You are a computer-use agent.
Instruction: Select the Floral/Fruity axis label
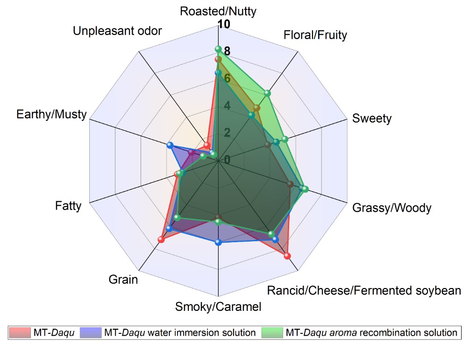coord(315,35)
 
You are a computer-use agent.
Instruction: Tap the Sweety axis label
coord(372,118)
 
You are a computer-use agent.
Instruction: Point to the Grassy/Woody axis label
coord(392,208)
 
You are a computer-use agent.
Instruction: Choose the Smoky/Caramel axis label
coord(218,307)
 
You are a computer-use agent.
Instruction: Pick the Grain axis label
coord(123,280)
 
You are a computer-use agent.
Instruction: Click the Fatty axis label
coord(68,205)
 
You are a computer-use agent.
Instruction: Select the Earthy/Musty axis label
coord(51,114)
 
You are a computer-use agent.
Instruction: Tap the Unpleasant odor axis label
coord(118,31)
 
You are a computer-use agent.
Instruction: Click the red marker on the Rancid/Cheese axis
coord(287,256)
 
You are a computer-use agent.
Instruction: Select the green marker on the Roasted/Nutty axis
coord(218,49)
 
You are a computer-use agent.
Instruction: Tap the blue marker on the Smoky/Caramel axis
coord(218,242)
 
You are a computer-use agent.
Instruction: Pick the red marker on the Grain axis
coord(161,240)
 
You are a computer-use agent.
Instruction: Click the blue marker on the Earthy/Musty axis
coord(170,145)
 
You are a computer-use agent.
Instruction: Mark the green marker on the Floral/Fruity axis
coord(267,93)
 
